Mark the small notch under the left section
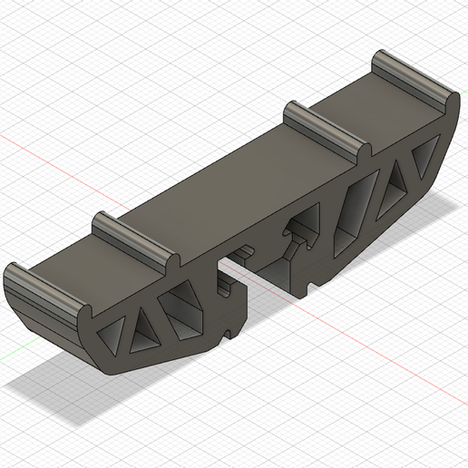(x=224, y=336)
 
